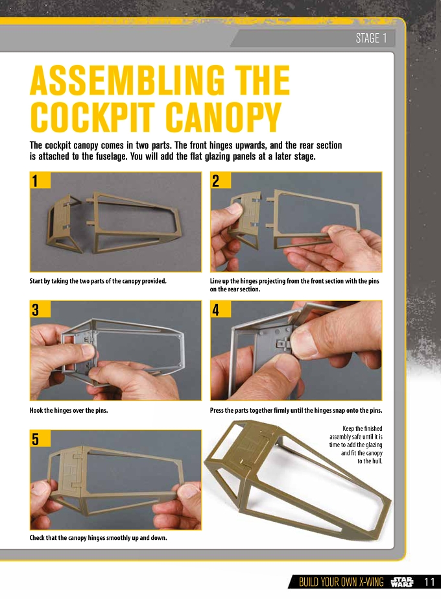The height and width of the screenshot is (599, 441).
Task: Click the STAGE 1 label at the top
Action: coord(371,38)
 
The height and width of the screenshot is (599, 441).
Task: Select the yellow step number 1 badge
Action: coord(40,180)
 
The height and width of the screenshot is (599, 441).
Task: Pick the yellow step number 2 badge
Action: coord(220,180)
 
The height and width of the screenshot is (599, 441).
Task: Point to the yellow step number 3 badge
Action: coord(40,309)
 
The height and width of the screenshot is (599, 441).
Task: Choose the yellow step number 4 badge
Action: coord(220,309)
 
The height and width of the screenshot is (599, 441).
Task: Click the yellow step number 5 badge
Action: coord(40,439)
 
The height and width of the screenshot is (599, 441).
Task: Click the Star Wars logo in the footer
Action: coord(402,582)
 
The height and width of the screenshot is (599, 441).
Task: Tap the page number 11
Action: coord(429,582)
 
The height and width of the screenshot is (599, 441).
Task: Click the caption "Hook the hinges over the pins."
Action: coord(69,410)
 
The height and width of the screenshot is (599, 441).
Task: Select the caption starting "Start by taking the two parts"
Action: coord(98,281)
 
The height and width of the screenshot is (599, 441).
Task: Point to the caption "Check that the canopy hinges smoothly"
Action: coord(98,537)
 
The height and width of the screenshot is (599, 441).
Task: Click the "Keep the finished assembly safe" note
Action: coord(356,445)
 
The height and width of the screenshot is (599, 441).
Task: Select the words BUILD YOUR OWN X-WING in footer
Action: coord(341,582)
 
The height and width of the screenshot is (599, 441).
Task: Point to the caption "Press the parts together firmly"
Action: coord(296,410)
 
